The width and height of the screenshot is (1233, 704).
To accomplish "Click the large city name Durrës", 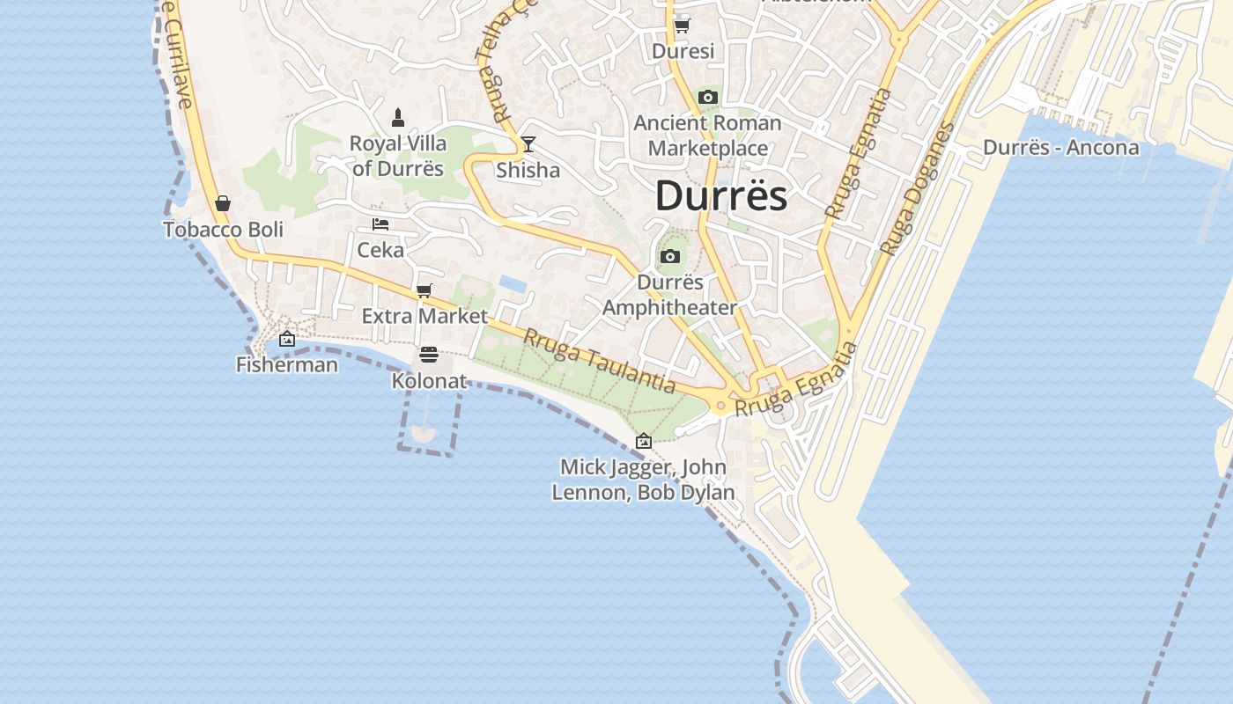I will click(x=720, y=195).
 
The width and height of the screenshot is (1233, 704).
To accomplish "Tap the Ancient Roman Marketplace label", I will click(x=708, y=135).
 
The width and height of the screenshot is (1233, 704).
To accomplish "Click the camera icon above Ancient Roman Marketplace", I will click(x=708, y=98).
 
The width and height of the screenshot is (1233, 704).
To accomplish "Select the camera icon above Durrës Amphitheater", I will click(x=670, y=257).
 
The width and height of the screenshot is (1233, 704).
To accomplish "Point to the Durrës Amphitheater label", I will click(x=670, y=295).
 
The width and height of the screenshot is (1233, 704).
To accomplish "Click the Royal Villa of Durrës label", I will click(x=398, y=156).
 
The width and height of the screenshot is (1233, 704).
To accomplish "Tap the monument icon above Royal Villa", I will click(x=398, y=117).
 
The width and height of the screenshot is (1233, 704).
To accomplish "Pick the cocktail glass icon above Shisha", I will click(x=528, y=144).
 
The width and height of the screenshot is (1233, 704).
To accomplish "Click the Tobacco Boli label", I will click(x=223, y=230).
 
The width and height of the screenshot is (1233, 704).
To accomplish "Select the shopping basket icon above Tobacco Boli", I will click(x=223, y=204).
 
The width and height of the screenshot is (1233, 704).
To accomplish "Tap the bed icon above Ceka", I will click(x=380, y=224).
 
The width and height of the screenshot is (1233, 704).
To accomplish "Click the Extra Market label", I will click(x=425, y=316).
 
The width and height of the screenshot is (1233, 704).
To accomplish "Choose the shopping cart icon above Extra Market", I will click(x=425, y=290).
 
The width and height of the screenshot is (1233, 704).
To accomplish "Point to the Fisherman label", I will click(x=287, y=364).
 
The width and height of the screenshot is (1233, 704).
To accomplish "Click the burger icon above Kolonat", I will click(x=429, y=355).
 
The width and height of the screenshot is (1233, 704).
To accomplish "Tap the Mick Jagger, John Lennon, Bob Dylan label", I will click(x=644, y=480).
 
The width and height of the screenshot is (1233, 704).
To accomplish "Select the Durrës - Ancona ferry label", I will click(x=1060, y=147).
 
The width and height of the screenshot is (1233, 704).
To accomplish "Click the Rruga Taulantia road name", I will click(x=600, y=362).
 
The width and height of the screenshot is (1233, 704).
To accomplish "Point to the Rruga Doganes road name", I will click(x=918, y=189).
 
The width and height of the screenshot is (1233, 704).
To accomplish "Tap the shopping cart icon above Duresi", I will click(x=682, y=26).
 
